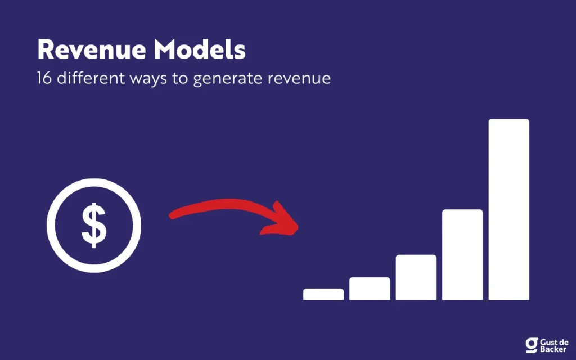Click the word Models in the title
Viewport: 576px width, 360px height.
coord(200,49)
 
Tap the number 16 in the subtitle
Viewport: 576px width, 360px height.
coord(44,78)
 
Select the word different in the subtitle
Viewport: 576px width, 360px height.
coord(91,78)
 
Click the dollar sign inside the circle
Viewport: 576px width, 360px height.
coord(94,225)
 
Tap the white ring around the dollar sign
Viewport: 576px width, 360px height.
coord(52,226)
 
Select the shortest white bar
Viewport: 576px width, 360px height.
coord(323,294)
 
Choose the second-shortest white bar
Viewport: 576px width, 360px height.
coord(370,289)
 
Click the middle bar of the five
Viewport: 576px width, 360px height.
coord(416,277)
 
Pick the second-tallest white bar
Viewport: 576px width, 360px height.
coord(462,255)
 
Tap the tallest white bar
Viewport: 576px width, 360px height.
coord(508,209)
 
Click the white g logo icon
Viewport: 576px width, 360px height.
coord(532,345)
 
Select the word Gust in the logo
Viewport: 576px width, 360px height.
coord(548,343)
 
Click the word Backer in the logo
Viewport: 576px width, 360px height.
coord(553,349)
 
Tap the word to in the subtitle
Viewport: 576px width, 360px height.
coord(180,79)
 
